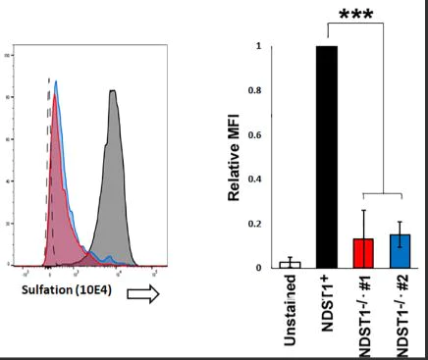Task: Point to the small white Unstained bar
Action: pyautogui.click(x=290, y=265)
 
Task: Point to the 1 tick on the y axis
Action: pyautogui.click(x=258, y=46)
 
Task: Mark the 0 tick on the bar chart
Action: pyautogui.click(x=258, y=268)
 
